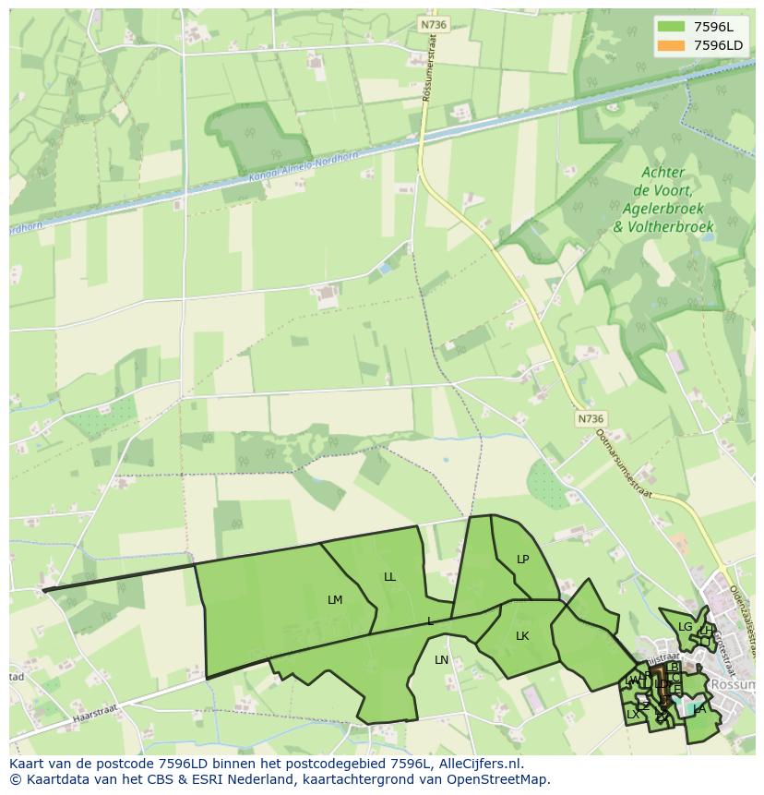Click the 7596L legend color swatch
(x=671, y=27)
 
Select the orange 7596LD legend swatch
(x=671, y=45)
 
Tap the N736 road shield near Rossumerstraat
(x=432, y=25)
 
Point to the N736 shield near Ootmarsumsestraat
(x=591, y=419)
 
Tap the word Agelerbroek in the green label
(x=663, y=209)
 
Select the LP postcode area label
(x=523, y=560)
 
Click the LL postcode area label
(x=389, y=577)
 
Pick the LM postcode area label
(x=335, y=600)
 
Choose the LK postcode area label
(x=522, y=636)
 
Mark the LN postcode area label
(x=441, y=660)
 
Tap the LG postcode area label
(x=685, y=627)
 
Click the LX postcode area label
(x=633, y=715)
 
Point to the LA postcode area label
(x=699, y=709)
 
